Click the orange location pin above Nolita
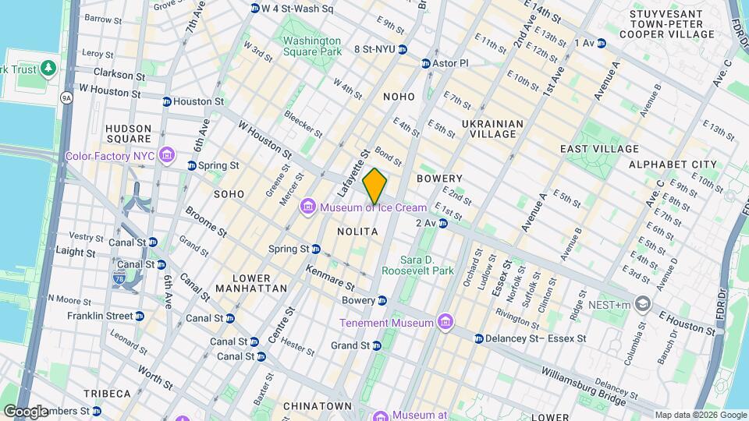click(374, 186)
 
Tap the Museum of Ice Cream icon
click(309, 207)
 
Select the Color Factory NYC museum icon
click(165, 156)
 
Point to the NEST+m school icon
click(642, 302)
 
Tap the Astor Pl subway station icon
click(426, 63)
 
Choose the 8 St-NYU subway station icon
click(402, 49)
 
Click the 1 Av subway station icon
click(602, 43)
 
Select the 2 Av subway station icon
click(442, 223)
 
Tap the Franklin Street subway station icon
click(140, 316)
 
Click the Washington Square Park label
click(312, 46)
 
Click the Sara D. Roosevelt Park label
click(428, 265)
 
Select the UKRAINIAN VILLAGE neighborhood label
click(489, 129)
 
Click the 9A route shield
click(66, 97)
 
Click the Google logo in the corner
click(27, 411)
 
